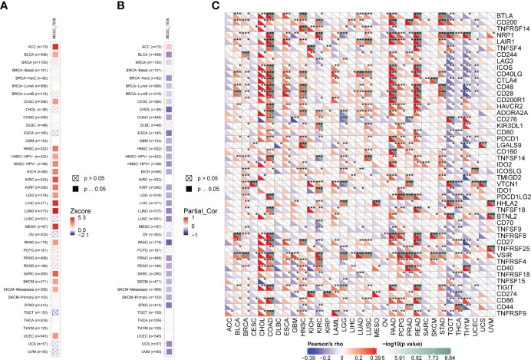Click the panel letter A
[6, 7]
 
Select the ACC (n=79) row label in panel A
[31, 48]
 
